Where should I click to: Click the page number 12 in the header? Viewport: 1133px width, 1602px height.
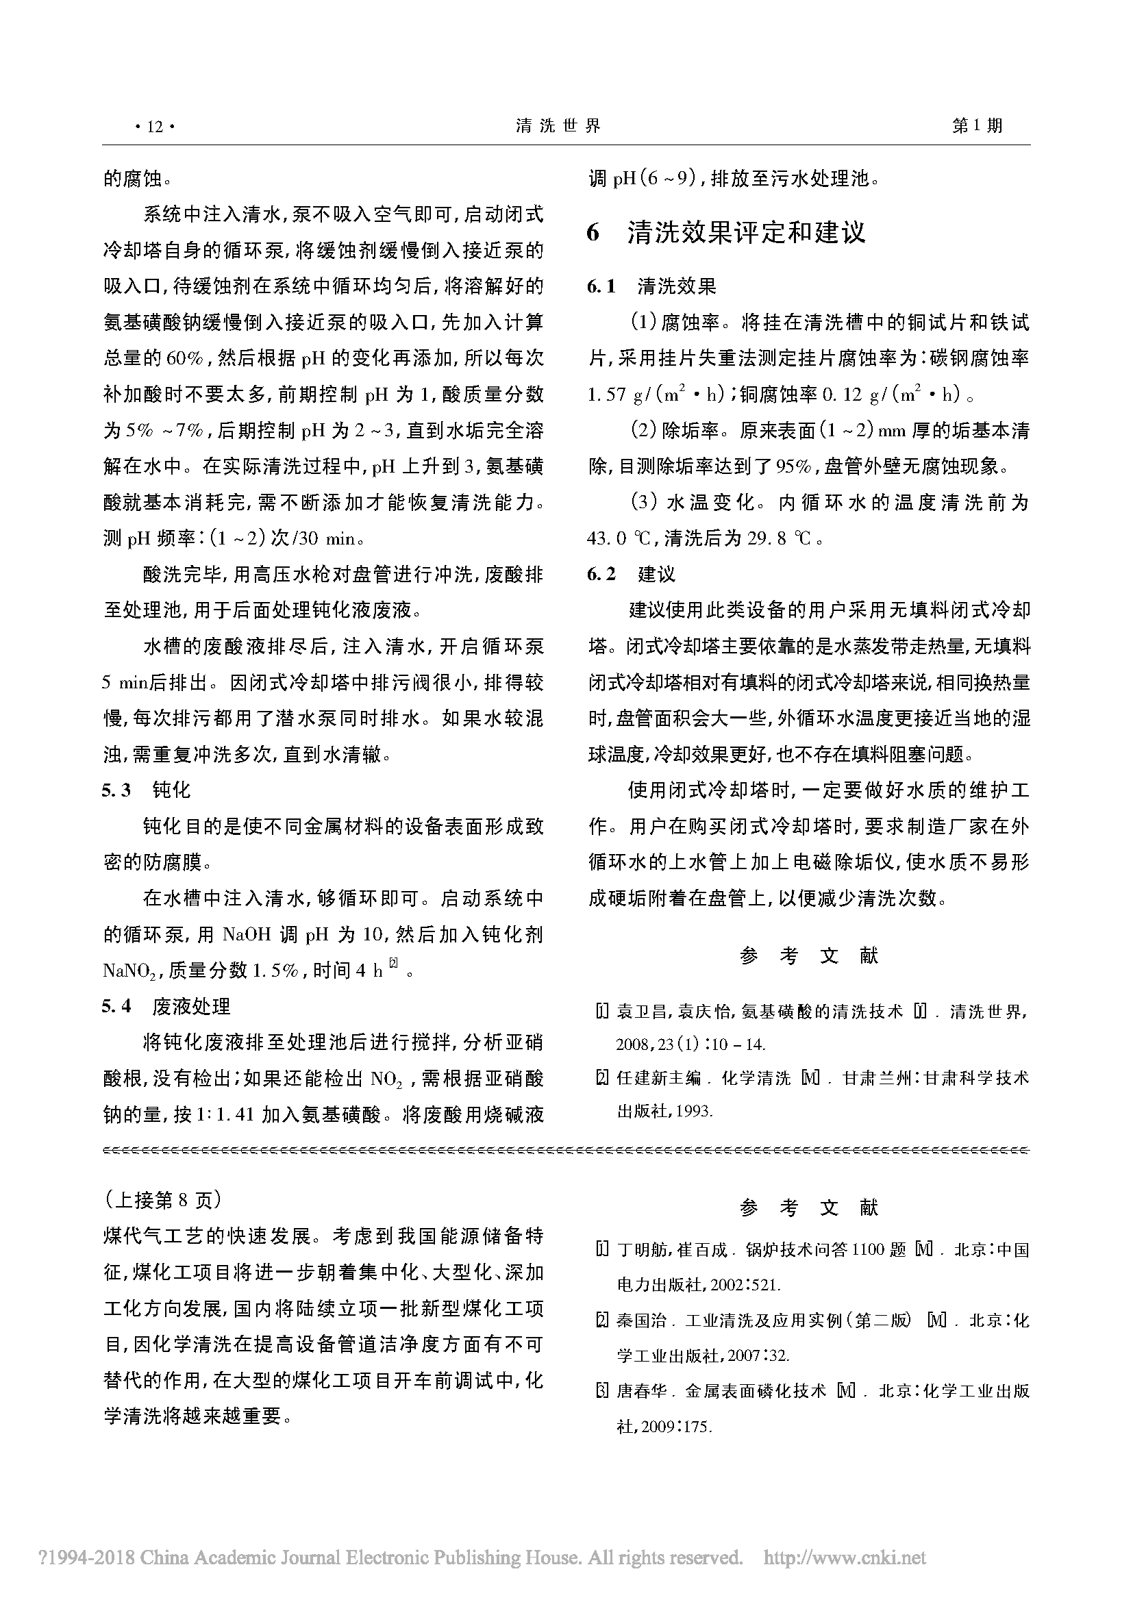155,126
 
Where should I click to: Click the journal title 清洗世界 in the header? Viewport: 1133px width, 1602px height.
558,125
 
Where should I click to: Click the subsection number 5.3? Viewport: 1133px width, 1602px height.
116,790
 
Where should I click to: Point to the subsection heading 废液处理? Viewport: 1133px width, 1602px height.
191,1006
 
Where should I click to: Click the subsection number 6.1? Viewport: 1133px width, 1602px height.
601,286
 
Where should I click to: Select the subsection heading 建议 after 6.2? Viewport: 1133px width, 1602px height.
656,574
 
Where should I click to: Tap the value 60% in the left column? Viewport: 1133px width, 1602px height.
185,359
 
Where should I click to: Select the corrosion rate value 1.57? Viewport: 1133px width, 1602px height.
607,395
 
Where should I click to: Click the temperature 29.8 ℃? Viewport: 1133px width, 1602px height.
777,538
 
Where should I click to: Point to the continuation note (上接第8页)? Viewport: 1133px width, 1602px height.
163,1199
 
